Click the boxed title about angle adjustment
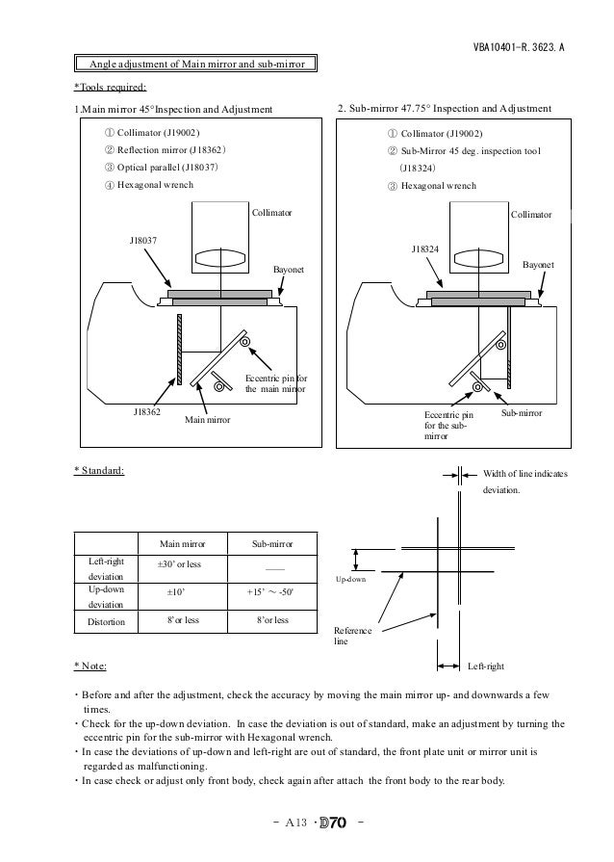(196, 64)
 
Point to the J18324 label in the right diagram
(424, 248)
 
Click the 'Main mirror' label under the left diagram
(208, 419)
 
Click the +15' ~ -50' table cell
(269, 592)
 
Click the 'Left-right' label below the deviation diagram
(485, 666)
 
